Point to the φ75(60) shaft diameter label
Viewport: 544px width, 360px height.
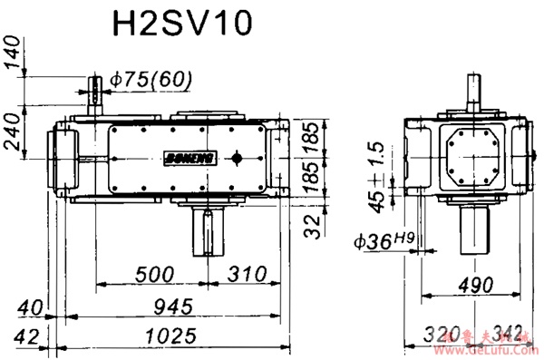pyautogui.click(x=151, y=80)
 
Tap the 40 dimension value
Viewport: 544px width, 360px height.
pyautogui.click(x=28, y=306)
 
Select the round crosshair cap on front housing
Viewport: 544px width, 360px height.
pyautogui.click(x=238, y=158)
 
